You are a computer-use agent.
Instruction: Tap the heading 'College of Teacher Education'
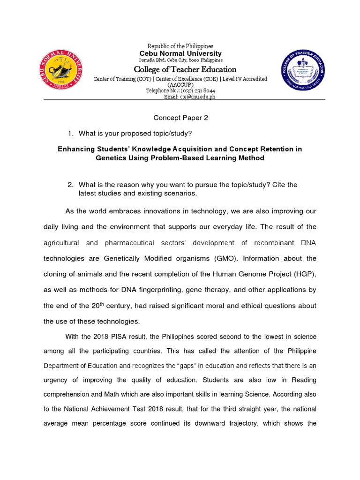[185, 69]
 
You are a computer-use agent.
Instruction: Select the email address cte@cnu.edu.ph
[189, 97]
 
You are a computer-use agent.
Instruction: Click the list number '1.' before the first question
[71, 134]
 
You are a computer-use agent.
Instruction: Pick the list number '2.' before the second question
[71, 185]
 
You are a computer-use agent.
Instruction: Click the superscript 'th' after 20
[118, 304]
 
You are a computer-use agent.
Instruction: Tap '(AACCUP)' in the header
[180, 85]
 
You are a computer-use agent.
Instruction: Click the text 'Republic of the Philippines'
[180, 46]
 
